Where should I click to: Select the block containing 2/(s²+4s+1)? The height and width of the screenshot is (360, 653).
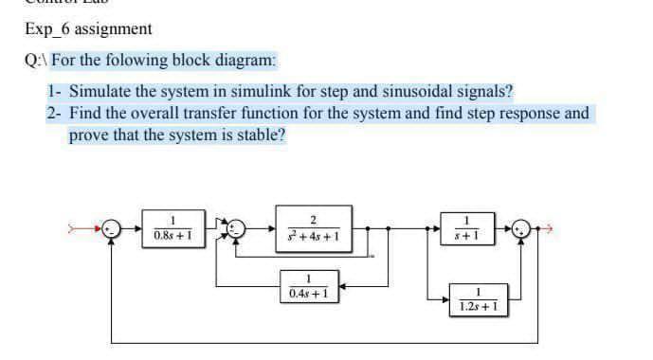click(311, 229)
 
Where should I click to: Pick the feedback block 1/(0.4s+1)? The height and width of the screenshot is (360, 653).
click(311, 286)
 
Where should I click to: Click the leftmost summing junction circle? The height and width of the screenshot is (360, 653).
click(113, 229)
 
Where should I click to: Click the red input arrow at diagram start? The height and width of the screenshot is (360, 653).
click(91, 229)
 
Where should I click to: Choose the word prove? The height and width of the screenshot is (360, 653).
click(90, 135)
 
